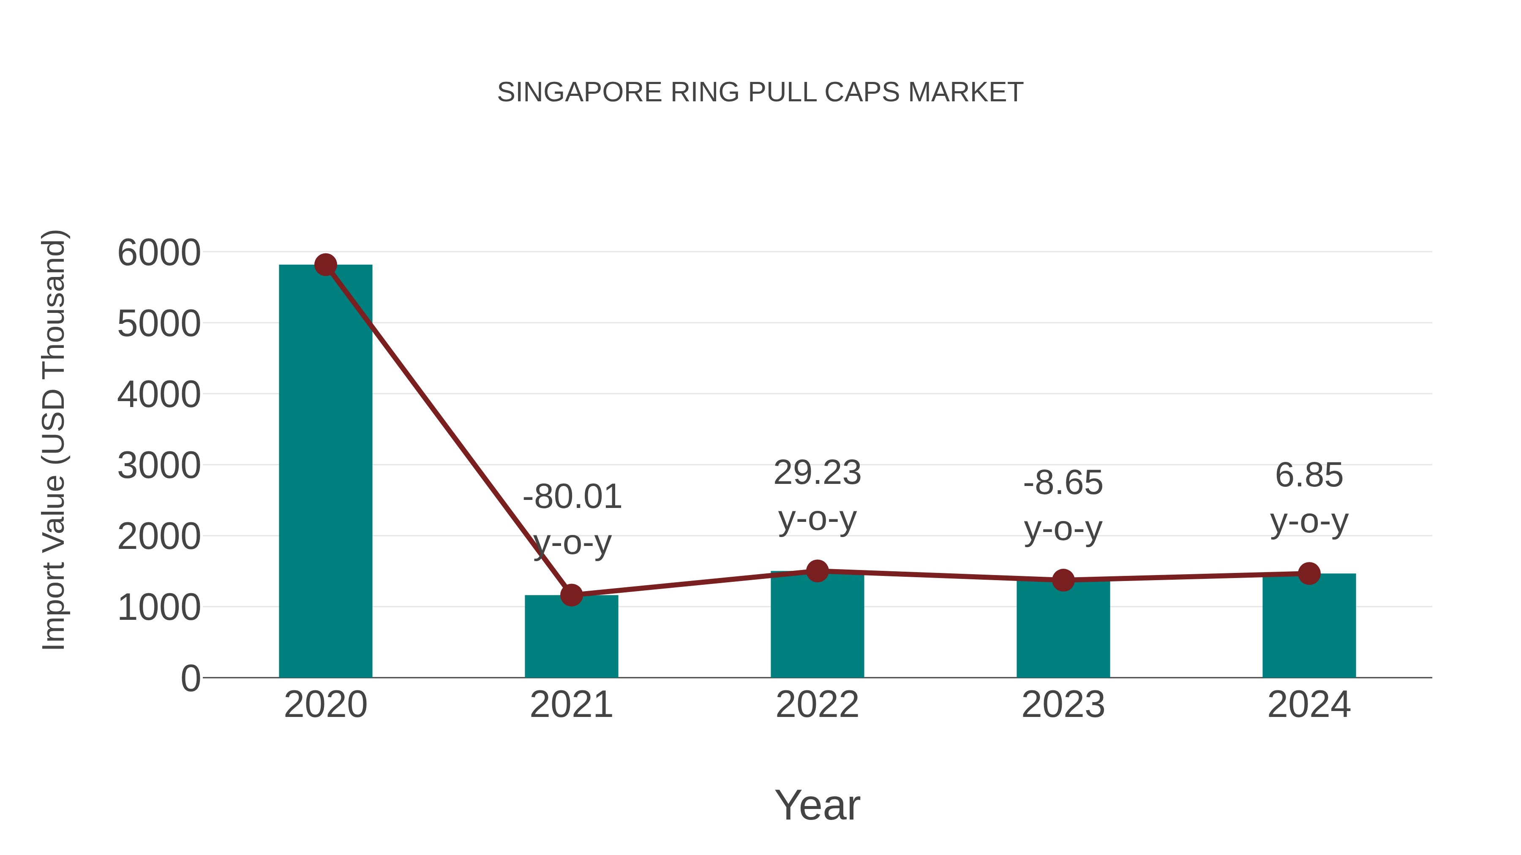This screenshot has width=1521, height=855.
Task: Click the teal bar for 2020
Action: click(x=325, y=472)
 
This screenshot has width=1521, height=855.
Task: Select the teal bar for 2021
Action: click(x=571, y=637)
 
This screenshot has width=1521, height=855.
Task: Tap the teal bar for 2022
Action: click(x=817, y=625)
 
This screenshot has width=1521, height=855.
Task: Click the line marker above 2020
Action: click(x=325, y=265)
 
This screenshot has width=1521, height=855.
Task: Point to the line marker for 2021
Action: click(x=571, y=595)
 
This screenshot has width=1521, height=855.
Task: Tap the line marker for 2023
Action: click(x=1063, y=580)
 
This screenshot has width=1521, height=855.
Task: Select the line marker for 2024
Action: click(x=1309, y=573)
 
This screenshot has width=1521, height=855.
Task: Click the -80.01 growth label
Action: click(x=572, y=497)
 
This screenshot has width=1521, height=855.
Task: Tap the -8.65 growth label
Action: click(x=1063, y=483)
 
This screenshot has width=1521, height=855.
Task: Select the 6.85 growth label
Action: click(x=1309, y=475)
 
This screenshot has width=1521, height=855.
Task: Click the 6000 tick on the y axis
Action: click(x=159, y=253)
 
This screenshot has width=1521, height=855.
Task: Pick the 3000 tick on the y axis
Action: click(x=159, y=466)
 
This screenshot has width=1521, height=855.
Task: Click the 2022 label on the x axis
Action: click(x=817, y=705)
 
